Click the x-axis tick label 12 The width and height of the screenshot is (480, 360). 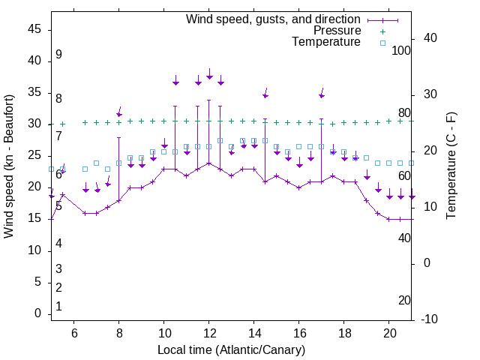tap(209, 333)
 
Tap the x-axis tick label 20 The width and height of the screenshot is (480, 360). tap(389, 333)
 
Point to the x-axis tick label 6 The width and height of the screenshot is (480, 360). tap(74, 333)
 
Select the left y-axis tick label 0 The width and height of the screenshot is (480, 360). tap(38, 314)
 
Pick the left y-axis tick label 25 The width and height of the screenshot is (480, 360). tap(34, 156)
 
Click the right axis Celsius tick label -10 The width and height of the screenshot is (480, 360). tap(430, 319)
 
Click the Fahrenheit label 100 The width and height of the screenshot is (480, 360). tap(401, 51)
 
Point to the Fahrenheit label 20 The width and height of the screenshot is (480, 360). tap(404, 301)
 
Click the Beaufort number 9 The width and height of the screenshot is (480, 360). tap(58, 55)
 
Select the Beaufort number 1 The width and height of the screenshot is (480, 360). tap(58, 307)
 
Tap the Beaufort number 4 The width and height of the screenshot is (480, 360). tap(58, 244)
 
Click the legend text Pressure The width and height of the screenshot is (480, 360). tap(337, 31)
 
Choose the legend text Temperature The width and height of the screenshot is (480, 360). tap(325, 42)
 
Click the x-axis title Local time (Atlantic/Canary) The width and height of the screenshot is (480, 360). tap(232, 350)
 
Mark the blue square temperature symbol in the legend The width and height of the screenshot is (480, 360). tap(382, 43)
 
